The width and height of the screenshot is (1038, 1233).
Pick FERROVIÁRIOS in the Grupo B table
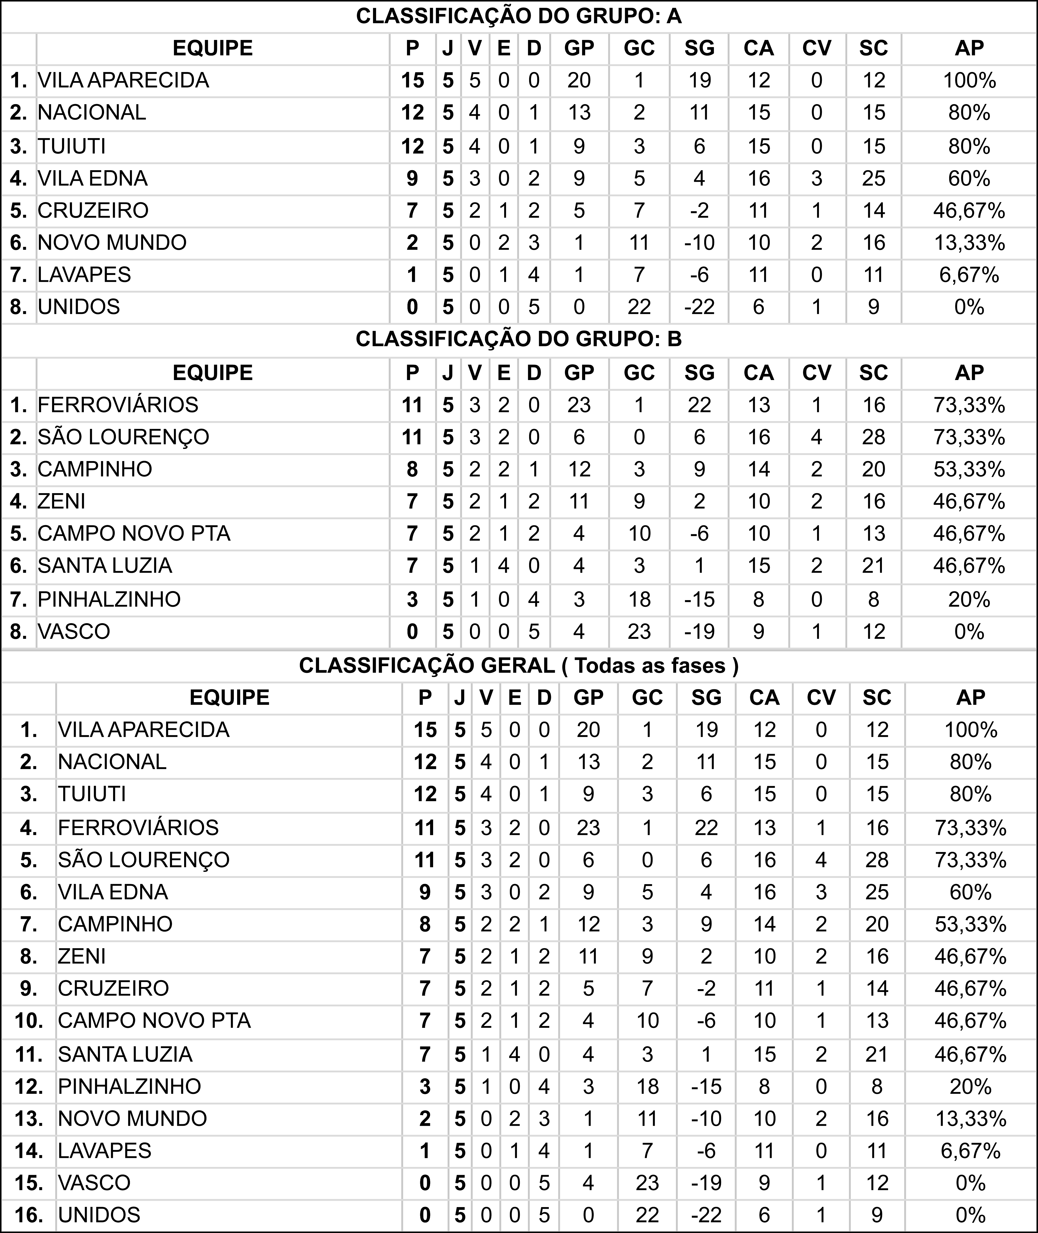point(118,405)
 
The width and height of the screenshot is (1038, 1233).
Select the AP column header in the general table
point(970,698)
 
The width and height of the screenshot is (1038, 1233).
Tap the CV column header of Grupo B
point(816,373)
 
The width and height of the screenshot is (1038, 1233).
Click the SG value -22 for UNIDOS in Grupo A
point(699,307)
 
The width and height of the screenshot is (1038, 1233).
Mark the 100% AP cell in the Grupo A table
point(969,80)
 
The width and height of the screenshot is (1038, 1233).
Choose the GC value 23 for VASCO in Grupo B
point(639,631)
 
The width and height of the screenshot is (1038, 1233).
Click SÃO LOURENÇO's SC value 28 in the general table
point(877,860)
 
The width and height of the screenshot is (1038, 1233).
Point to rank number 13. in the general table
point(28,1118)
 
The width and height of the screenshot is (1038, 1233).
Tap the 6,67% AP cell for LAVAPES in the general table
point(970,1151)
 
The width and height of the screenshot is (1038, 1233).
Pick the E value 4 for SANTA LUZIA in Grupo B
point(504,566)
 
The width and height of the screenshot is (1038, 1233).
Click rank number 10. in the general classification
point(28,1021)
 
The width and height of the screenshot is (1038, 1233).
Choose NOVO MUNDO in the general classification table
point(132,1118)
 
